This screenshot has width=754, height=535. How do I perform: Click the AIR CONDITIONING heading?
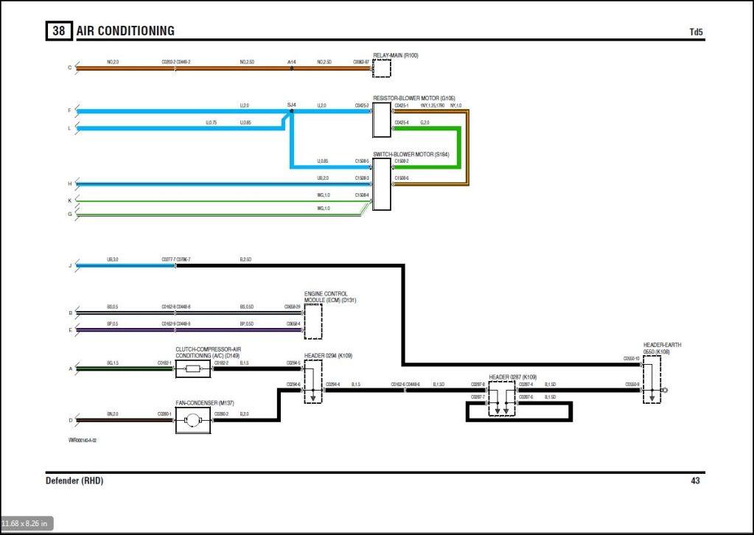click(125, 31)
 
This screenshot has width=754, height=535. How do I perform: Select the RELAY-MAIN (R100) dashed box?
click(382, 68)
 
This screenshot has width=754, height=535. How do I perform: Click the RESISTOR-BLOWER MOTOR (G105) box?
click(382, 119)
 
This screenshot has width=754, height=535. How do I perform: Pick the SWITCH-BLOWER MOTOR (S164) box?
click(382, 183)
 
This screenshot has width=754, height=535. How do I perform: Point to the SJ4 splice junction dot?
click(291, 111)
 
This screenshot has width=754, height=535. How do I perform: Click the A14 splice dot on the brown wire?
click(292, 68)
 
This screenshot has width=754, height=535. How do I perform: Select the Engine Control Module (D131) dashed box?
click(313, 321)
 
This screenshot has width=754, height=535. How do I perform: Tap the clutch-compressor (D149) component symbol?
click(193, 369)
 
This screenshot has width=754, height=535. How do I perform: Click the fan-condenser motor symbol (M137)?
click(193, 421)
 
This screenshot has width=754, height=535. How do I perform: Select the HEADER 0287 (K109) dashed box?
click(501, 399)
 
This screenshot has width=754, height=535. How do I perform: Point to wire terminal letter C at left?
click(70, 68)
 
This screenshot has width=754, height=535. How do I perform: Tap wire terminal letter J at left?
click(70, 265)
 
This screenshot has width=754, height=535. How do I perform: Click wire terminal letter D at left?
click(70, 421)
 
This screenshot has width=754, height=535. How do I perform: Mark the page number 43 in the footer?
click(695, 481)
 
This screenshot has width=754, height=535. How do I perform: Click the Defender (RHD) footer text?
click(74, 481)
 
